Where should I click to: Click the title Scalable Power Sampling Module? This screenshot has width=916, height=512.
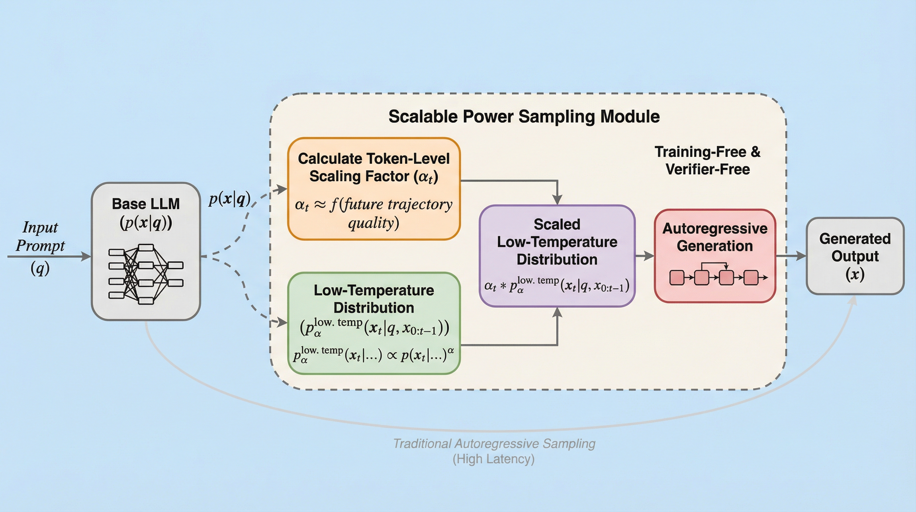point(524,116)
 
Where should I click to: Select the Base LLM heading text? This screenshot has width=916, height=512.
point(146,204)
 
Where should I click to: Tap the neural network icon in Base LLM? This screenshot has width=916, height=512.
point(146,274)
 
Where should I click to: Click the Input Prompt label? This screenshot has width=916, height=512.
point(40,236)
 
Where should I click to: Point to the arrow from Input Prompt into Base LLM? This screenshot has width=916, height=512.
point(50,256)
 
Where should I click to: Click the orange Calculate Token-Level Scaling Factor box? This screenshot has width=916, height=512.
point(374,189)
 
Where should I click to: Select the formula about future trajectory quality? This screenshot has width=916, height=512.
point(374,213)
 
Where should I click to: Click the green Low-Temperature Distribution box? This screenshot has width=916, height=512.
point(374,323)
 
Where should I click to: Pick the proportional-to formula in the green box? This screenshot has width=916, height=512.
point(374,355)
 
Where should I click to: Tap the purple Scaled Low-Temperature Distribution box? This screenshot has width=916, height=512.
point(557,256)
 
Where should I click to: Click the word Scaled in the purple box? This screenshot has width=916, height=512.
point(557,224)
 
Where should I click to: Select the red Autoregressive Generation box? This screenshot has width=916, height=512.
point(715,256)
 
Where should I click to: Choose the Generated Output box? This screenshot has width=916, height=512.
point(855,256)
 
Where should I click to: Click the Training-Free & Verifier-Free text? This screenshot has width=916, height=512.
point(708,161)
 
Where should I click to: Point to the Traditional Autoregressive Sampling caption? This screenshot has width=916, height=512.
point(494,444)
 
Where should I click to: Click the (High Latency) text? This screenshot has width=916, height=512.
point(494,459)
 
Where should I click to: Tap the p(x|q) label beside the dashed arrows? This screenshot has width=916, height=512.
point(229,199)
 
